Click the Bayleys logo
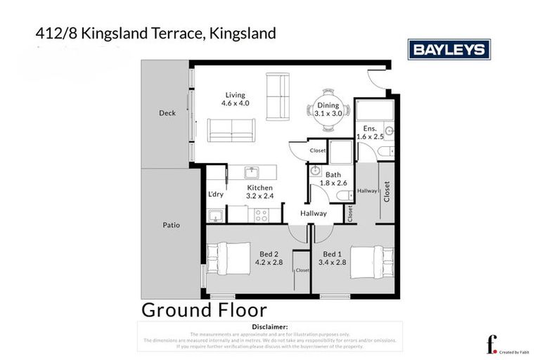(x=449, y=49)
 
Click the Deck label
(x=167, y=112)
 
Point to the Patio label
(x=170, y=225)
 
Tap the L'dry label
(x=216, y=195)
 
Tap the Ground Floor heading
(x=204, y=309)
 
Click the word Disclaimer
(x=269, y=327)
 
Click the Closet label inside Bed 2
(x=302, y=270)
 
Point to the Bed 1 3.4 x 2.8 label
(x=333, y=258)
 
